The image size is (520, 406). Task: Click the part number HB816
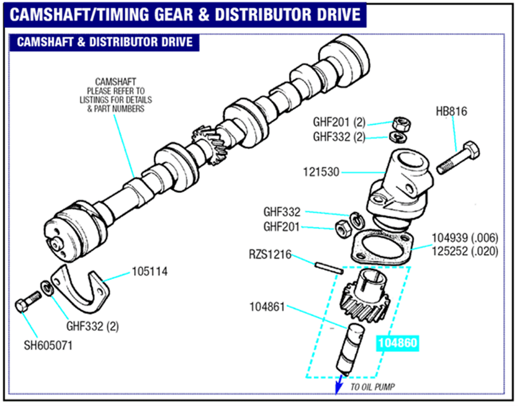pos(451,111)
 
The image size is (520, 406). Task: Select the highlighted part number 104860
pos(397,343)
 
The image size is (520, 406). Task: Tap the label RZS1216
pos(270,254)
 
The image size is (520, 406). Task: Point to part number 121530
pos(321,172)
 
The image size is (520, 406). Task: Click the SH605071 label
pos(48,345)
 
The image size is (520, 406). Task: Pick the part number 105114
pos(150,272)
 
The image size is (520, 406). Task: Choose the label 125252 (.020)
pos(465,251)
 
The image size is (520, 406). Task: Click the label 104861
pos(267,307)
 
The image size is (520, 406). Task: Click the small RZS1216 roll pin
pos(329,268)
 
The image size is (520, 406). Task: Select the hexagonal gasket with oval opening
pos(382,247)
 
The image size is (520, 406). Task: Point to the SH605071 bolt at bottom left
pos(28,302)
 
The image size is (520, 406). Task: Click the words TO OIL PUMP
pos(372,387)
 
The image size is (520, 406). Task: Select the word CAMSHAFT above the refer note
pos(115,82)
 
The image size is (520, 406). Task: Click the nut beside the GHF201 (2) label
pos(401,124)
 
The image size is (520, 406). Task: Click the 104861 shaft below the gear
pos(350,349)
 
